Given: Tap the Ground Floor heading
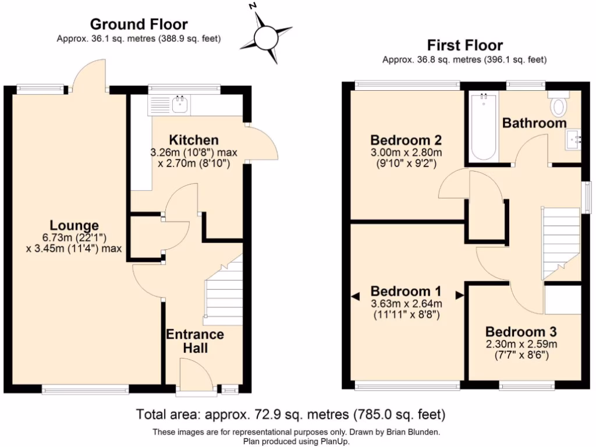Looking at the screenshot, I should (x=139, y=24).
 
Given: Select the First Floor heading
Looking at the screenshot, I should (x=464, y=45).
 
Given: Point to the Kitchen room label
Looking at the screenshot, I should (x=194, y=140).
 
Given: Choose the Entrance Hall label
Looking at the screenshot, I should (x=195, y=341).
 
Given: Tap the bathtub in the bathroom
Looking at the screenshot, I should (x=484, y=126).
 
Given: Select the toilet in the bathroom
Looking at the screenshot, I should (x=559, y=105).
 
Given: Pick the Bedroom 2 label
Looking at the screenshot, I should (x=406, y=140).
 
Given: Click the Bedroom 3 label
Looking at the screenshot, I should (x=521, y=332).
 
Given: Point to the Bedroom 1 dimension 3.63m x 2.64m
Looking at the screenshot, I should (x=406, y=303).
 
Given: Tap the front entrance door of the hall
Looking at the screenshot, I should (x=197, y=375).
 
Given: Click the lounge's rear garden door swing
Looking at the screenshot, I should (x=89, y=76).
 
